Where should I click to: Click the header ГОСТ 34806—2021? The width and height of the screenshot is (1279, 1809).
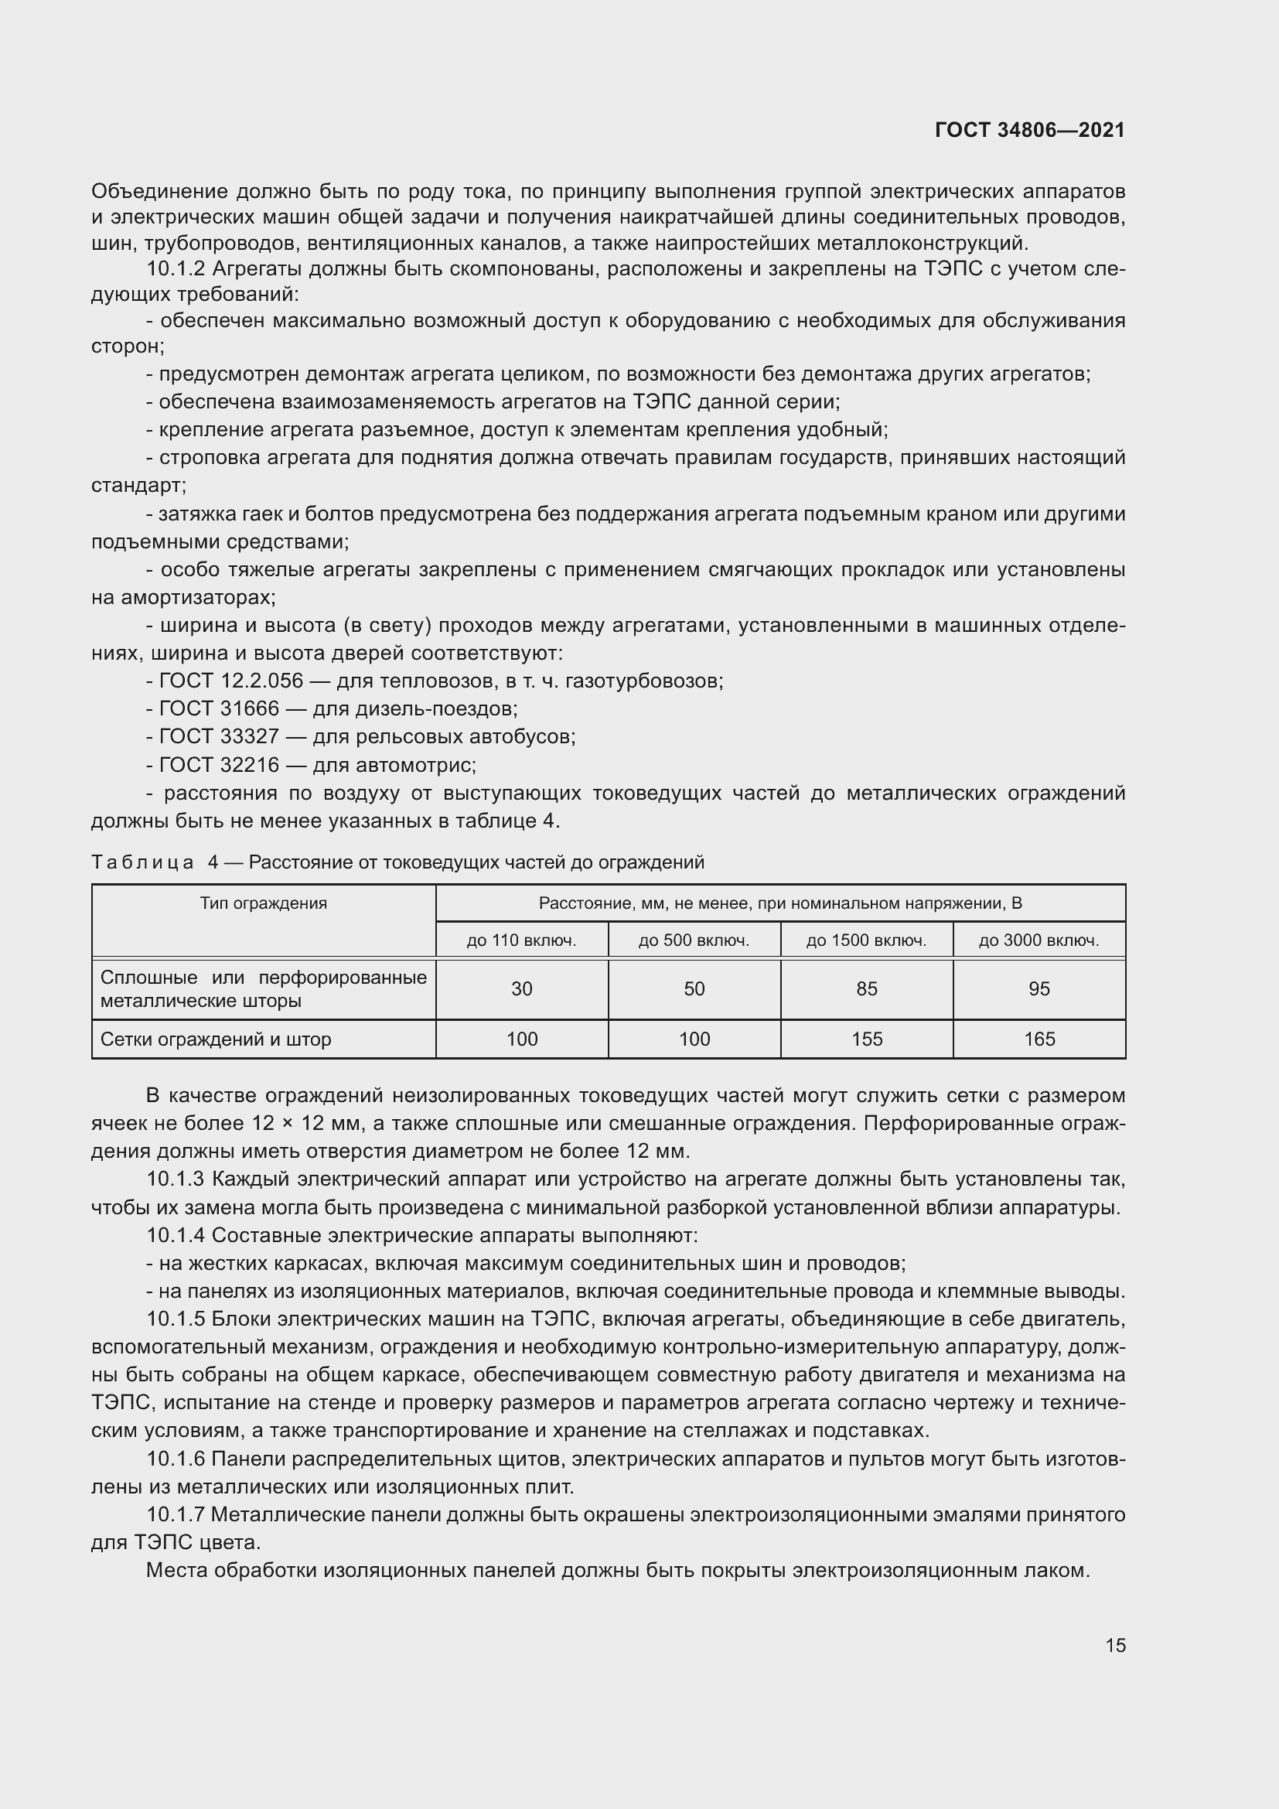1029,130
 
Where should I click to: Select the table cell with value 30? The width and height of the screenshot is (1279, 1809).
521,989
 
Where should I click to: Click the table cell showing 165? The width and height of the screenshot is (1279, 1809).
1039,1039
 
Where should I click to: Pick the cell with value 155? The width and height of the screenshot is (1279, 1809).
866,1039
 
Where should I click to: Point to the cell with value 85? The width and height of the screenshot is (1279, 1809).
866,989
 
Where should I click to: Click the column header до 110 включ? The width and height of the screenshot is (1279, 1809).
521,940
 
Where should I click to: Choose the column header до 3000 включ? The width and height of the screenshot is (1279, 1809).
1039,940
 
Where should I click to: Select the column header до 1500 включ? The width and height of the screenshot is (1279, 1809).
866,940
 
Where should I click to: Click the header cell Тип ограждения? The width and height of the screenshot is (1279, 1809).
263,903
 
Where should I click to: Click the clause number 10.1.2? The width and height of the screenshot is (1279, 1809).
176,268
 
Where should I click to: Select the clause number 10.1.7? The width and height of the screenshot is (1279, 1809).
176,1514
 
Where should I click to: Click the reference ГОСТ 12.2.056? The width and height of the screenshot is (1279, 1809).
230,681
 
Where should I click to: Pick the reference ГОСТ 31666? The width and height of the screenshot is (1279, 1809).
219,708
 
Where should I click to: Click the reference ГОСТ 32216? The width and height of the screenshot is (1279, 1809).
219,765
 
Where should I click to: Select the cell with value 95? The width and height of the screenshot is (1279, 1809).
1039,989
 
